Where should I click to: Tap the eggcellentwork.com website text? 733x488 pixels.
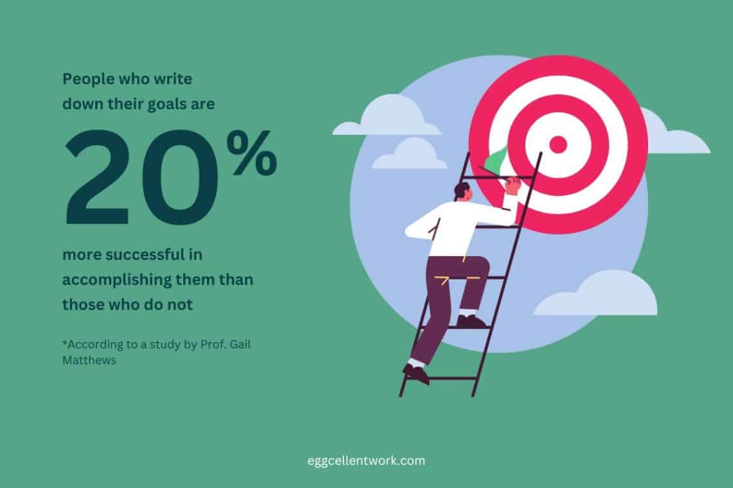coord(366,460)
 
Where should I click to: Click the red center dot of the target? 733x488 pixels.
coord(557,144)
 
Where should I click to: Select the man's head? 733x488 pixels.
coord(461,191)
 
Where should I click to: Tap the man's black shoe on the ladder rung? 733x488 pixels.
coord(471,321)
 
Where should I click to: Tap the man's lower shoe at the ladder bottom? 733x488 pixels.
coord(416,374)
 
